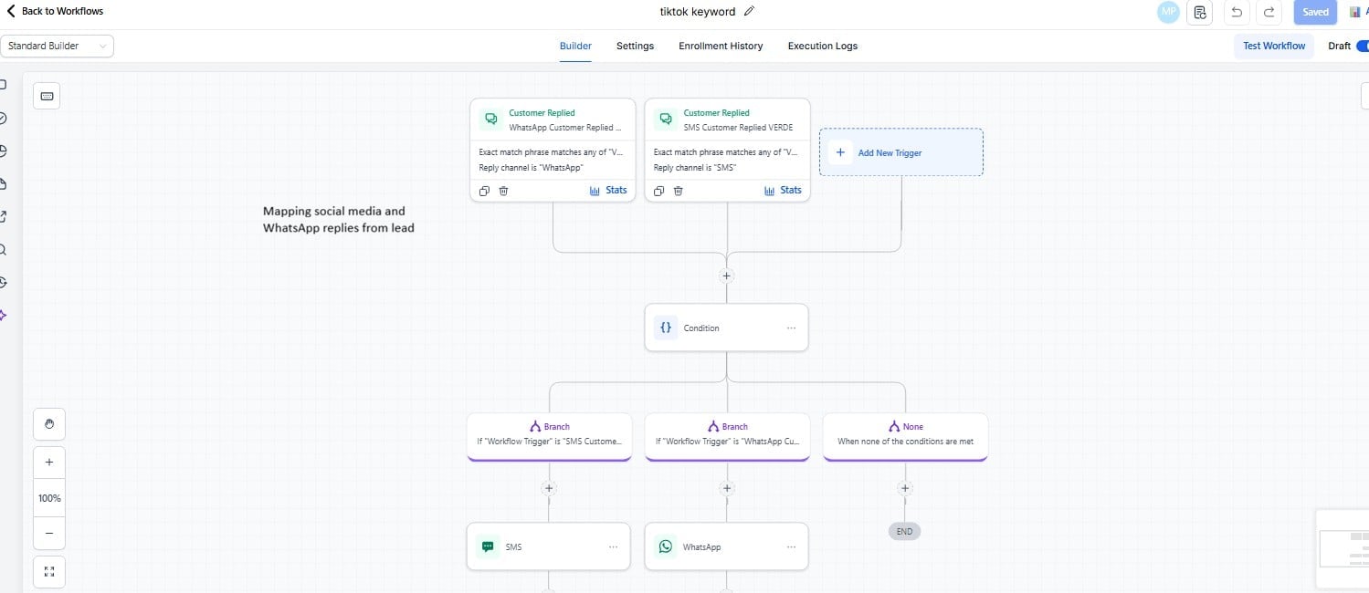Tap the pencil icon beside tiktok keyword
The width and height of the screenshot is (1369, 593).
750,11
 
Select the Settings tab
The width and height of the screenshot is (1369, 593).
635,46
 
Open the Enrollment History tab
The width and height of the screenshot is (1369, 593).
721,46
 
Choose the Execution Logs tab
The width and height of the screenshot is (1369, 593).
822,46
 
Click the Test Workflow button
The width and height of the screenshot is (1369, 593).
1274,46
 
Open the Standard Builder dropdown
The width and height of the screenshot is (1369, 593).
57,46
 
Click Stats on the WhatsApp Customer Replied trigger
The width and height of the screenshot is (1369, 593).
609,190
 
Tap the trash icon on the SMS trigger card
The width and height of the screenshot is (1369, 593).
678,191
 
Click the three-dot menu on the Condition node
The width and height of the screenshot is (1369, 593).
791,328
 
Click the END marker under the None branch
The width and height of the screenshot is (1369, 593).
904,531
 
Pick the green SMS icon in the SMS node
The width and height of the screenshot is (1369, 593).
488,546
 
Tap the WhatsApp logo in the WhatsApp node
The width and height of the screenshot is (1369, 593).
665,546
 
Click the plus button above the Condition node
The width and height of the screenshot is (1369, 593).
727,276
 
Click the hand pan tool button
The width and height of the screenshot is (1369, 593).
49,423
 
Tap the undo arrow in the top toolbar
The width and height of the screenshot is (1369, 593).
1237,12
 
